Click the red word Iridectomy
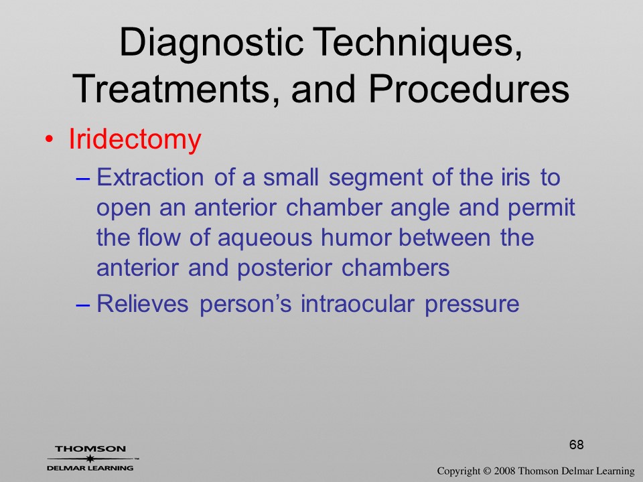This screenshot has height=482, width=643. click(135, 140)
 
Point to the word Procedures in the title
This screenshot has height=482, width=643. click(469, 88)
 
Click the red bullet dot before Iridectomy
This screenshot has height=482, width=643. click(49, 139)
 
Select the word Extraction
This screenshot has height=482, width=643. click(150, 177)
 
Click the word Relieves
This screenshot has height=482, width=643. click(143, 304)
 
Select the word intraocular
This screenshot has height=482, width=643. click(358, 304)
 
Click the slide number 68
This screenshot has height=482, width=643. click(577, 445)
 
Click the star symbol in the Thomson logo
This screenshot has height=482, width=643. click(90, 459)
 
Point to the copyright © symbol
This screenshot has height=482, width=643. click(486, 471)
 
